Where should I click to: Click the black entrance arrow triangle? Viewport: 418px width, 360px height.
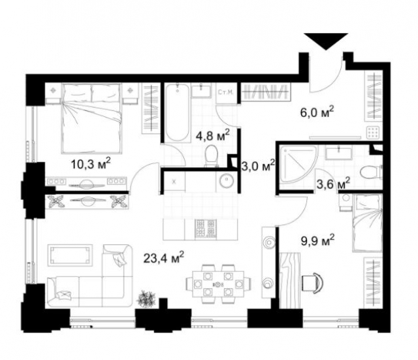324,41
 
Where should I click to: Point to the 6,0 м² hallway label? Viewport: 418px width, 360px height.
316,112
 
